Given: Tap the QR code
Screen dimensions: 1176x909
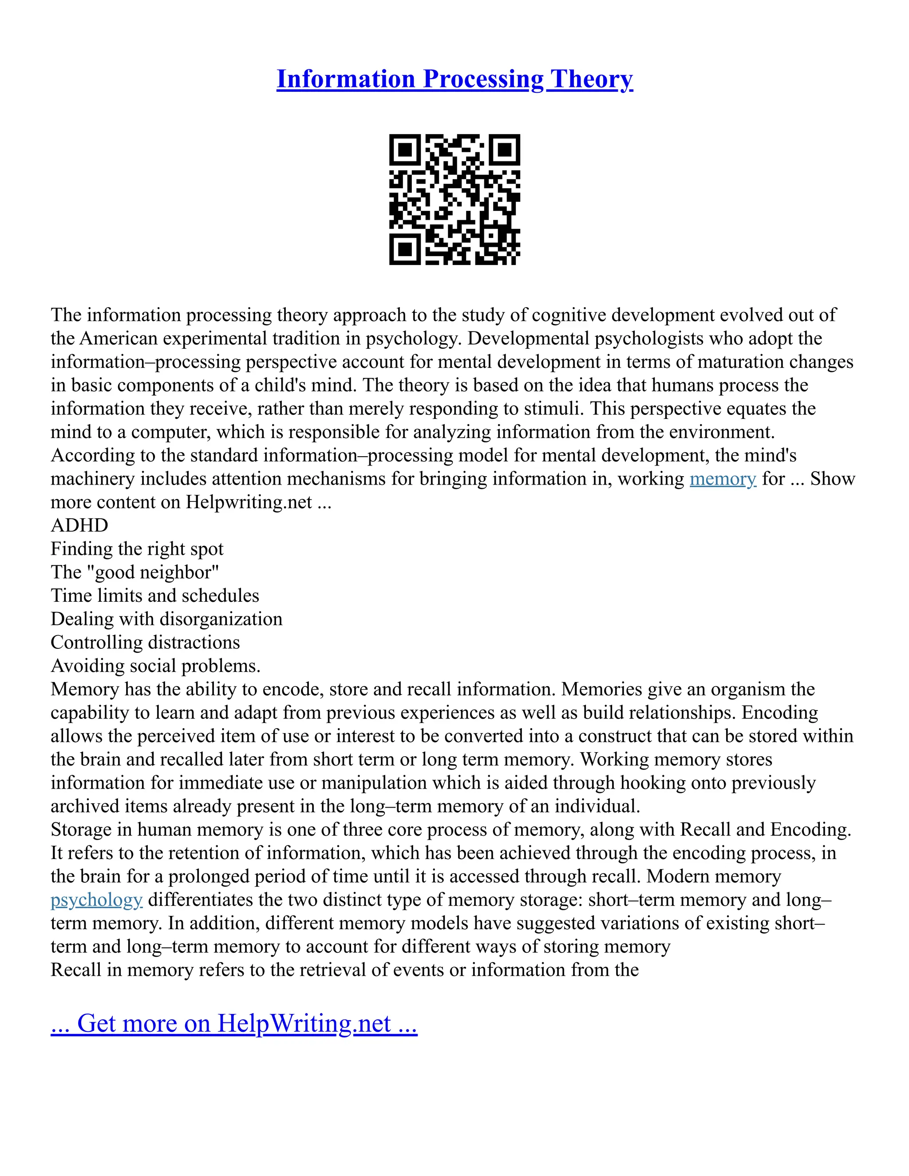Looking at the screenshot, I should point(454,200).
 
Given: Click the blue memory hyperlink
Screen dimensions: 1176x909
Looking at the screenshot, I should point(723,479).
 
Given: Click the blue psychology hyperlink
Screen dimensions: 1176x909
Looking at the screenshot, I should point(96,900).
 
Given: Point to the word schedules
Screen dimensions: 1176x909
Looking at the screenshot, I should point(222,596).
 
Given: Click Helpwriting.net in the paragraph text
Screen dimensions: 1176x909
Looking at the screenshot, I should point(249,502).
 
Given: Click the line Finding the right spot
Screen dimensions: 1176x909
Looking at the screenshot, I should point(137,549).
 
